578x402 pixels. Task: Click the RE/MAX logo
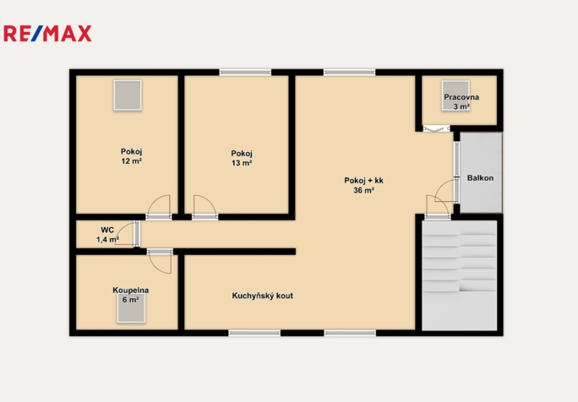click(x=47, y=34)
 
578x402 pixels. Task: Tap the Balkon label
click(x=480, y=178)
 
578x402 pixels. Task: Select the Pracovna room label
click(x=461, y=97)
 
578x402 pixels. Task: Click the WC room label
click(x=107, y=231)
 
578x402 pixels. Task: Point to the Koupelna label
click(x=131, y=291)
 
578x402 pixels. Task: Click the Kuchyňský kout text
click(x=263, y=296)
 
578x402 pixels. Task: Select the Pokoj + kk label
click(x=364, y=181)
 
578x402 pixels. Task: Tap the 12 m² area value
click(x=132, y=161)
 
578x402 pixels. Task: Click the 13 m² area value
click(x=242, y=163)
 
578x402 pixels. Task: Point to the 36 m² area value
click(x=364, y=190)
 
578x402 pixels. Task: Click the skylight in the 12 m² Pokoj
click(x=128, y=95)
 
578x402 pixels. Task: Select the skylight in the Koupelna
click(x=131, y=308)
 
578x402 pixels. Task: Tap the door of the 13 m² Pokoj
click(x=205, y=207)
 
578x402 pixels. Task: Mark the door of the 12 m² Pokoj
click(x=159, y=207)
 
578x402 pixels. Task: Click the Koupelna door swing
click(x=160, y=261)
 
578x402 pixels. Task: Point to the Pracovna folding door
click(x=436, y=128)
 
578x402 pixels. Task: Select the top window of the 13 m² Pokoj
click(x=246, y=73)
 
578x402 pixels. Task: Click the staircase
click(x=460, y=275)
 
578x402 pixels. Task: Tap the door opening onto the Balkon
click(x=447, y=191)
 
